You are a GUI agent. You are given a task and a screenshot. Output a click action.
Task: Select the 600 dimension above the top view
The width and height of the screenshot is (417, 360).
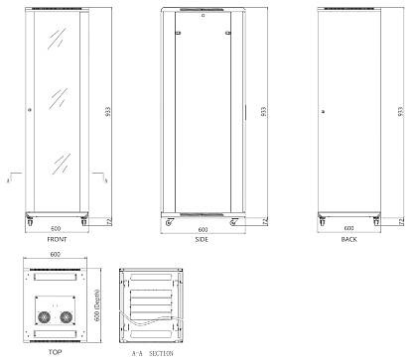coord(57,257)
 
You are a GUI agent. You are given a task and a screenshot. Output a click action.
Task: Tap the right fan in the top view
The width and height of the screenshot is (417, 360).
coord(67,317)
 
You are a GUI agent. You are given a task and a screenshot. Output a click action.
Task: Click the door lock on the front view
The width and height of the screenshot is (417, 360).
coord(32,108)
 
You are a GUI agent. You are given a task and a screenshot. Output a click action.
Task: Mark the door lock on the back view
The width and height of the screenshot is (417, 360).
coord(323,110)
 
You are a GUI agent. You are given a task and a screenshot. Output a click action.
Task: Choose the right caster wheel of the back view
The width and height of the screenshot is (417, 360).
coord(376,219)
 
